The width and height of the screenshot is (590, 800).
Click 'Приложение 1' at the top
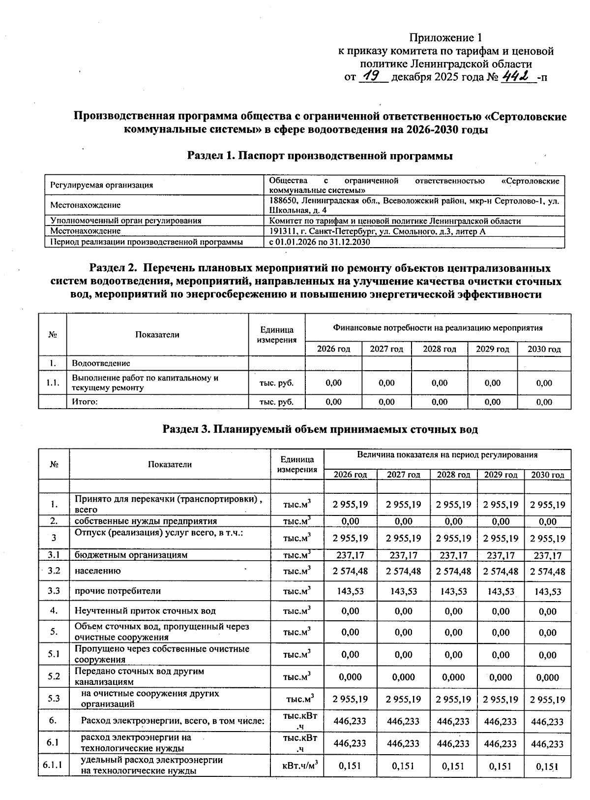click(x=446, y=38)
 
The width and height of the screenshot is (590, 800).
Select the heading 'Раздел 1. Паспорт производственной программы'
click(x=320, y=156)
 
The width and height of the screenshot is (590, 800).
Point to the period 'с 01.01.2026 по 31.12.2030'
click(x=320, y=242)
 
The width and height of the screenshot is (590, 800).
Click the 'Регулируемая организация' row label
click(x=102, y=185)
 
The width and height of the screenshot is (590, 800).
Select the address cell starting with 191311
click(x=377, y=231)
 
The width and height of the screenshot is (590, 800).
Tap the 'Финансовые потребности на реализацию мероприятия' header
click(x=438, y=327)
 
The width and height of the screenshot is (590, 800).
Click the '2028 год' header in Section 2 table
click(x=439, y=349)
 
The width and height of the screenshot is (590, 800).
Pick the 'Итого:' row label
click(x=85, y=402)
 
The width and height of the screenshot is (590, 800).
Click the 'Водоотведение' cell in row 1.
click(x=101, y=363)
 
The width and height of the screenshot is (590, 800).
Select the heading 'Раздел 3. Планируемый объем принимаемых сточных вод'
click(x=320, y=429)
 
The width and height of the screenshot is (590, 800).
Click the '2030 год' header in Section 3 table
click(x=547, y=475)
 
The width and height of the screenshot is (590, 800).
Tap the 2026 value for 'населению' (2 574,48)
click(x=350, y=571)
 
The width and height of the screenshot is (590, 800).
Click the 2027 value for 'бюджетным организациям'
click(x=403, y=555)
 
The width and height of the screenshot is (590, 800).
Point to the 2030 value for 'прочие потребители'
click(x=547, y=591)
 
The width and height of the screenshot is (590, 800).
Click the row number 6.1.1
click(x=54, y=765)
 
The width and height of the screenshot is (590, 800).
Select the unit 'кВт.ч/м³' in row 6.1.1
click(x=297, y=766)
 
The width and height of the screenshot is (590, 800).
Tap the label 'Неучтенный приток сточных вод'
click(x=145, y=611)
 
